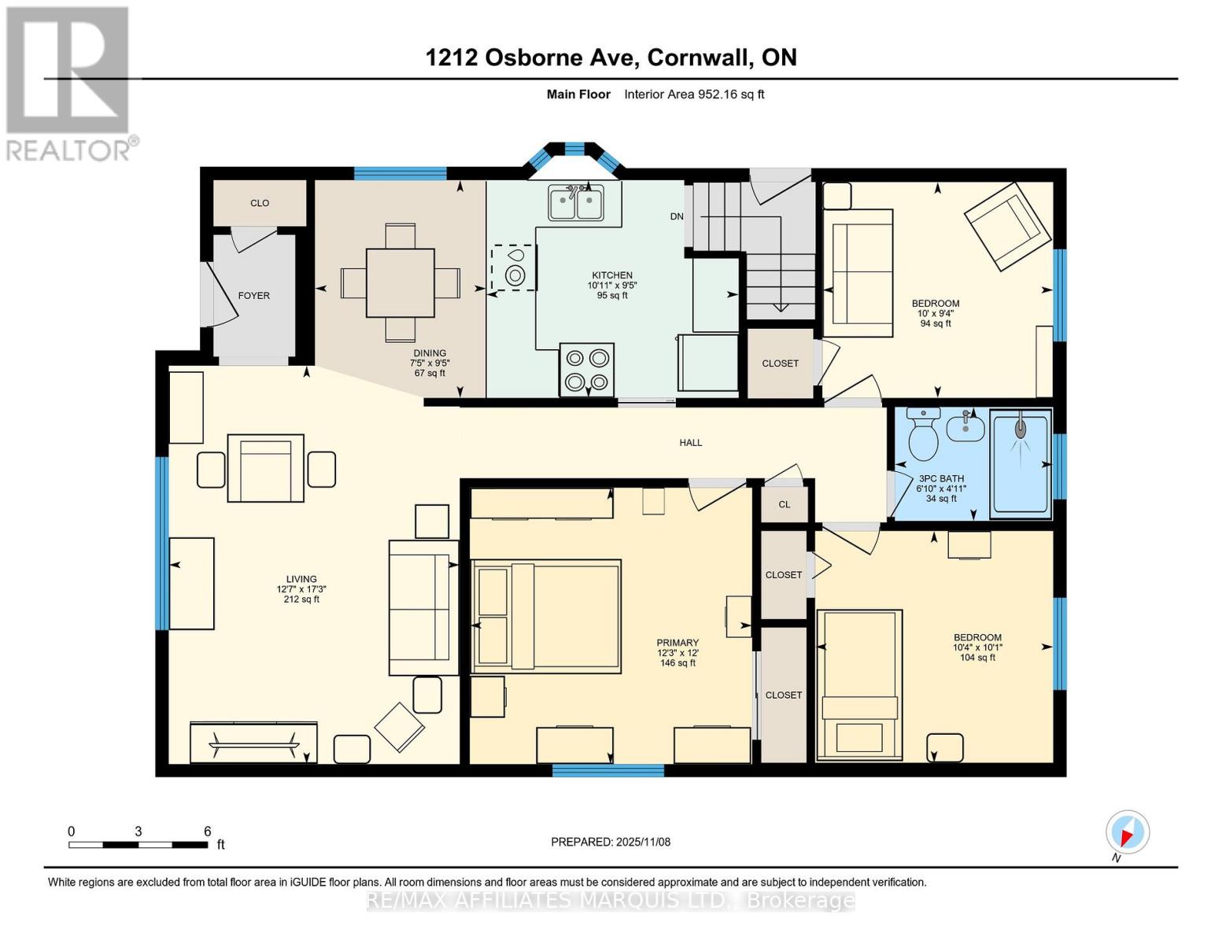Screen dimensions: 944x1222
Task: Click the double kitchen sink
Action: [576, 203]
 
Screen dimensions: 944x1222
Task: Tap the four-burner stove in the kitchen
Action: [586, 370]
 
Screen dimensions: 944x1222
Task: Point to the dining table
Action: [401, 283]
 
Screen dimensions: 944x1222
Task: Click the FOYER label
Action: [253, 296]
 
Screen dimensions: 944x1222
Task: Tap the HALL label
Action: [690, 443]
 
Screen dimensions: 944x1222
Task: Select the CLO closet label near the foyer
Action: [260, 203]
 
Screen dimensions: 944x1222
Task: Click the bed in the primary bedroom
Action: [546, 616]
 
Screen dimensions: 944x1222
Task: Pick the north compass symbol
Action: [1127, 832]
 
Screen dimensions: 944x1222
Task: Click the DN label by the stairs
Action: [677, 216]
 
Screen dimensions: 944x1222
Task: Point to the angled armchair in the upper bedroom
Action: [1007, 227]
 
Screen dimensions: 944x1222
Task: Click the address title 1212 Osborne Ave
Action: [611, 57]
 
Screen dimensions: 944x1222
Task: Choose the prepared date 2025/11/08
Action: [611, 842]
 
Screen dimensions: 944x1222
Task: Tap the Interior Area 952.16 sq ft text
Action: [694, 94]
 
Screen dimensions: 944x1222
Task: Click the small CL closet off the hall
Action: [784, 504]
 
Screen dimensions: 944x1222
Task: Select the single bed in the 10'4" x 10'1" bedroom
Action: [859, 684]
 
